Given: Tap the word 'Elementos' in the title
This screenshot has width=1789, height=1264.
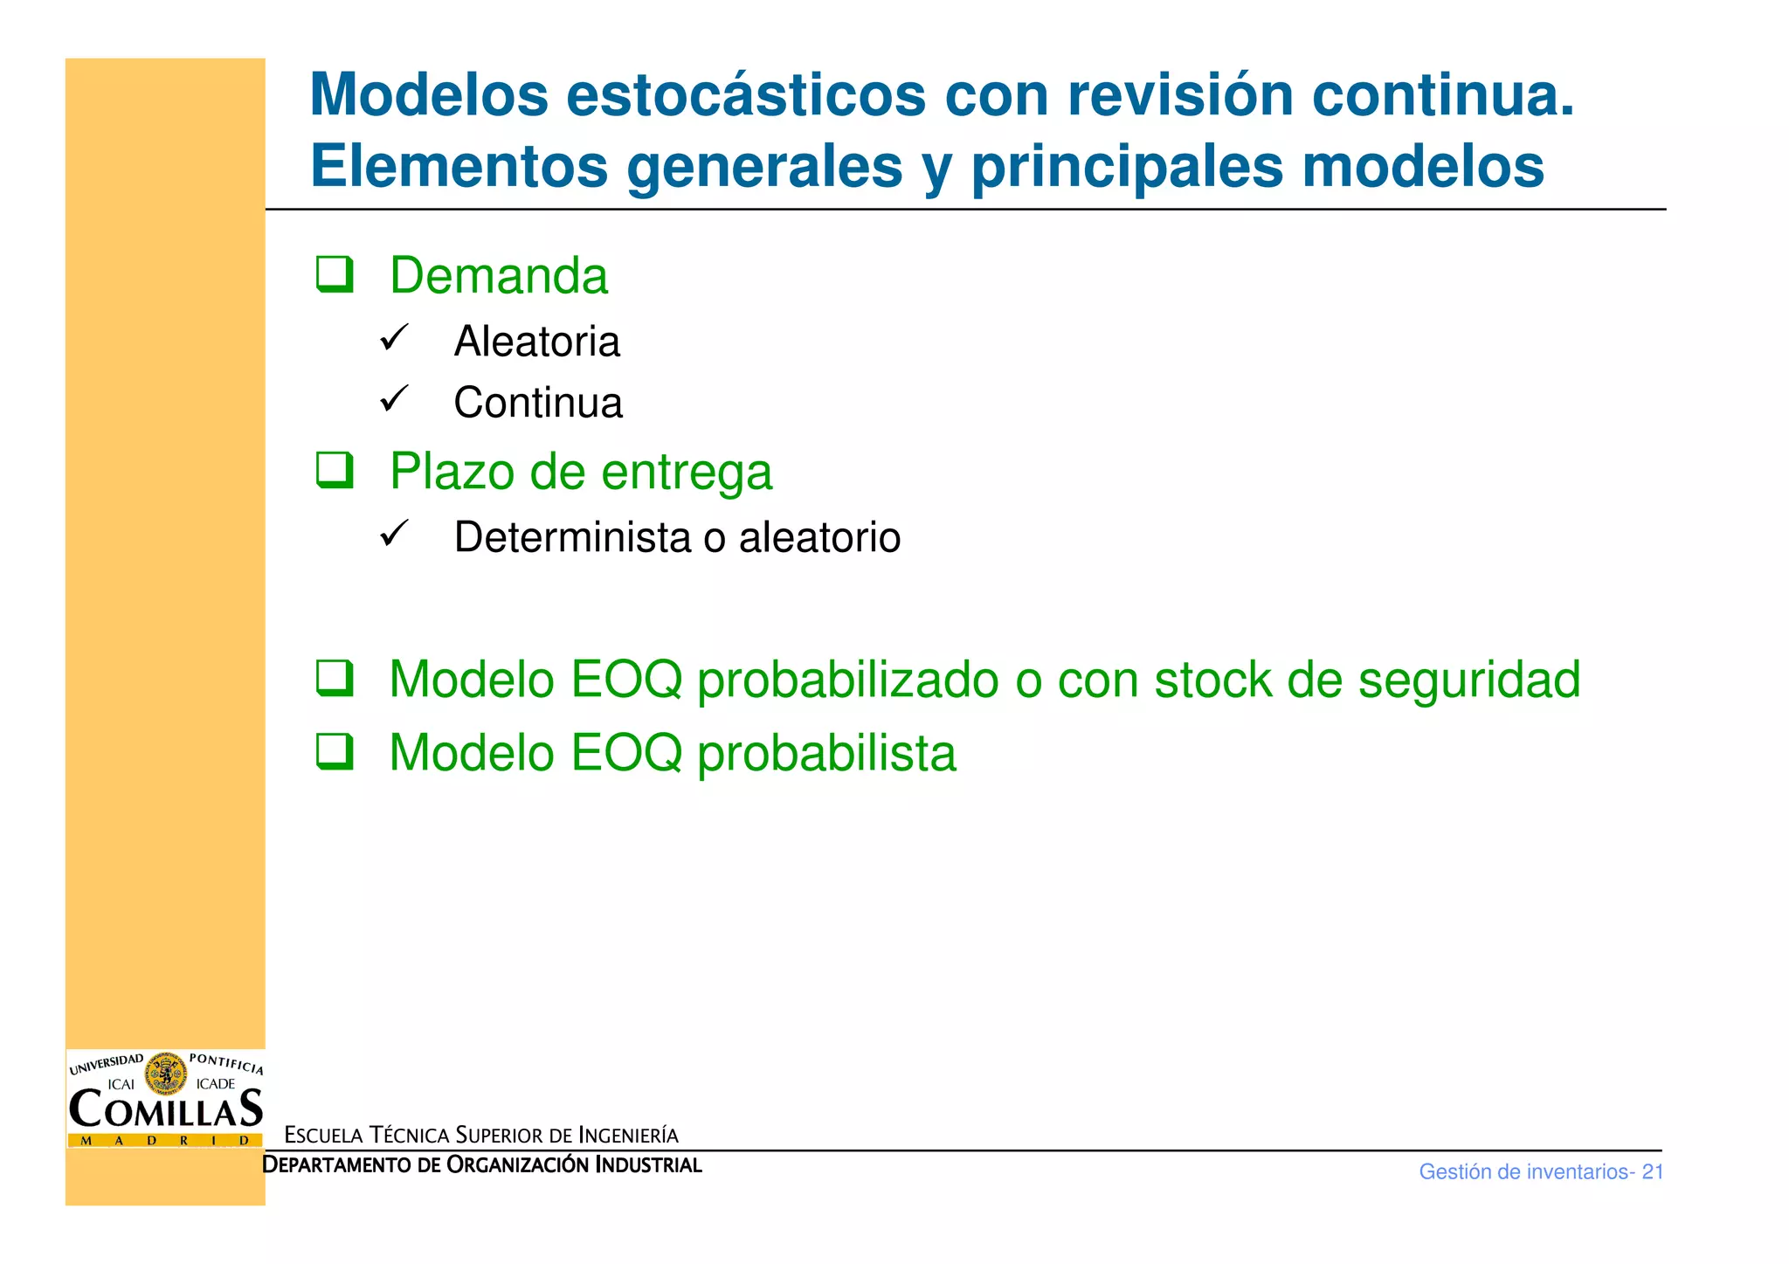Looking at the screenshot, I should (459, 166).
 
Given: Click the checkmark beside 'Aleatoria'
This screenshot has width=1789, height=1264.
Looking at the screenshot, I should (394, 337).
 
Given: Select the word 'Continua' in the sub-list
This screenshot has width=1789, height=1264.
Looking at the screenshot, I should (538, 403).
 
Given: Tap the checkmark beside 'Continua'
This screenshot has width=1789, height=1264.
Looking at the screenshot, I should (394, 398).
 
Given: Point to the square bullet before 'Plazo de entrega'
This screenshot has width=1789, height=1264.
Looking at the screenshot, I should (335, 470).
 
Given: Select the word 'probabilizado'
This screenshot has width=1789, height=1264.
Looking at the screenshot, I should (847, 680).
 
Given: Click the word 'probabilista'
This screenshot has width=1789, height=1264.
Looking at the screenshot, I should (826, 753).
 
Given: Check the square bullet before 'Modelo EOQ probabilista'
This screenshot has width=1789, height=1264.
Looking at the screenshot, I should (335, 751).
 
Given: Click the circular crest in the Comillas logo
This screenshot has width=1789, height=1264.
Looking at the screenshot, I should (165, 1074).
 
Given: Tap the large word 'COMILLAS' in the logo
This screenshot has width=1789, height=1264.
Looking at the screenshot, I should (165, 1109).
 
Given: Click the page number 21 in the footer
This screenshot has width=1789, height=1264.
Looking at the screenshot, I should (1652, 1172).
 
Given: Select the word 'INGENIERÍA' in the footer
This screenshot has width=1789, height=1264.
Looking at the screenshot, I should (628, 1136).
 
